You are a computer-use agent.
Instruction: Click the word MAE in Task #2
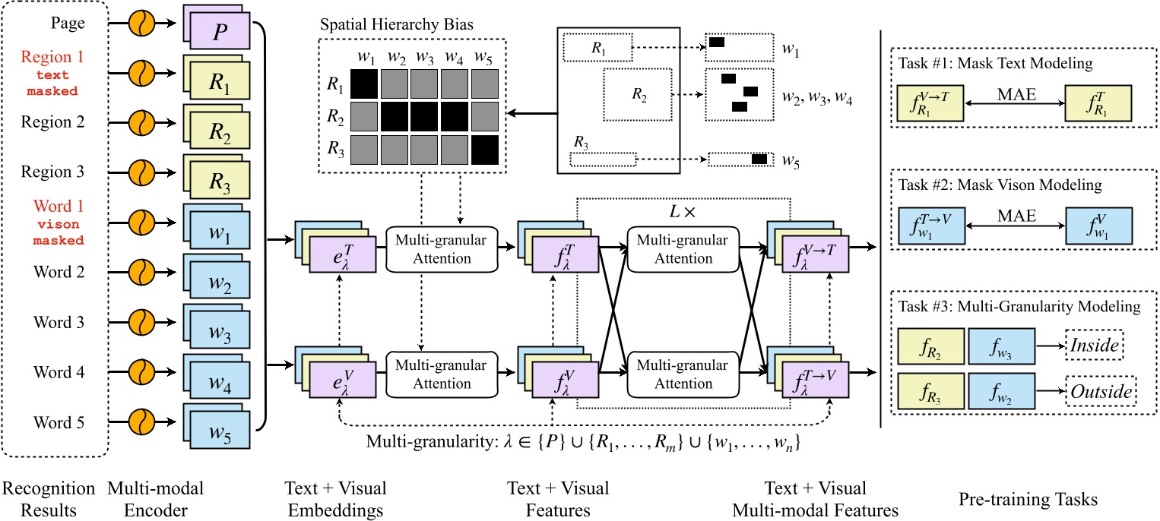pos(1016,215)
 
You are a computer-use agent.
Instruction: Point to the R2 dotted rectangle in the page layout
pos(637,93)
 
